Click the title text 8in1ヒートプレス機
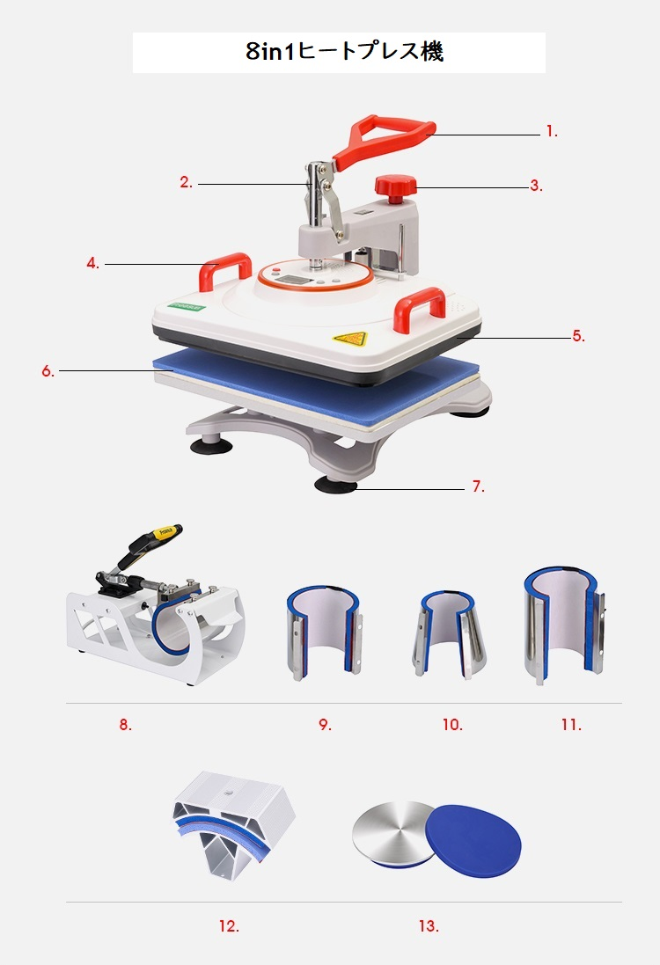pos(344,52)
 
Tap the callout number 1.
pos(552,132)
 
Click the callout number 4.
pos(93,263)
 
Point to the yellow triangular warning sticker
pos(349,338)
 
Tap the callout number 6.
pos(48,371)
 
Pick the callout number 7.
pos(479,486)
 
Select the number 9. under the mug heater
pos(325,725)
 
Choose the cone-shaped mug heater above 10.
pos(449,634)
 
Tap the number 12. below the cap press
pos(229,925)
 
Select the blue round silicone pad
pos(473,837)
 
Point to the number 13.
pos(429,925)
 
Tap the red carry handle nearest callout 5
pos(420,303)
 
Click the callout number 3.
pos(537,186)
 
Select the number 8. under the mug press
pos(126,725)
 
